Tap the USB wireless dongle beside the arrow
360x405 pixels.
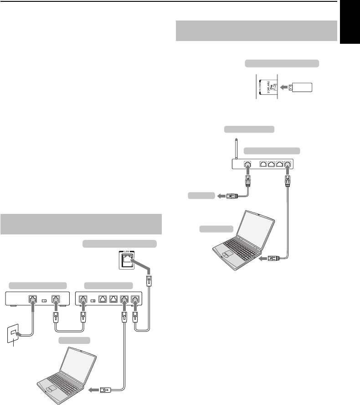(x=299, y=87)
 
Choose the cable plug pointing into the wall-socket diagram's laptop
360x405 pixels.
(x=104, y=390)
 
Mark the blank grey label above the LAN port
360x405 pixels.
(x=119, y=244)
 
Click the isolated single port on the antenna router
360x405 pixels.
(x=248, y=164)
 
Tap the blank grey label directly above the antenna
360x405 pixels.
(x=249, y=129)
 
